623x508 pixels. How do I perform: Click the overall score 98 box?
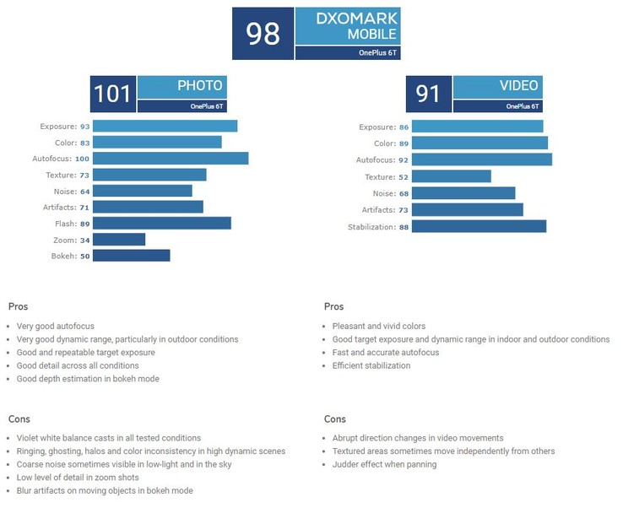[263, 34]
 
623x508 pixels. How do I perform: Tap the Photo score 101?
[113, 94]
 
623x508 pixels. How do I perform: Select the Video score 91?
[429, 94]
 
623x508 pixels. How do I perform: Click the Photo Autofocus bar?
[171, 159]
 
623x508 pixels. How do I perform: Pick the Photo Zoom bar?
[119, 240]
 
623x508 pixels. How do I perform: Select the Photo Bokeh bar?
[131, 256]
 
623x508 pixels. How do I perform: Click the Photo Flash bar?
[161, 224]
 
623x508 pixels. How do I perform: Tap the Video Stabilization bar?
[479, 227]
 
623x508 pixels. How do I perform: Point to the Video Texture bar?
[451, 176]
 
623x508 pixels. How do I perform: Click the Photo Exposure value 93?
[84, 127]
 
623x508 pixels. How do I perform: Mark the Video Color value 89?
[403, 143]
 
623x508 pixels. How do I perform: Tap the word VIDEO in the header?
[518, 86]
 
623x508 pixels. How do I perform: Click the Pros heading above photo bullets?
[18, 306]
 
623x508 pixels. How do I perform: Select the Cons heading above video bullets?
[334, 419]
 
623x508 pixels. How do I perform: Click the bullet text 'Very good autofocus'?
[55, 326]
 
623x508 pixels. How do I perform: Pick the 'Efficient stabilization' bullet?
[371, 365]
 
